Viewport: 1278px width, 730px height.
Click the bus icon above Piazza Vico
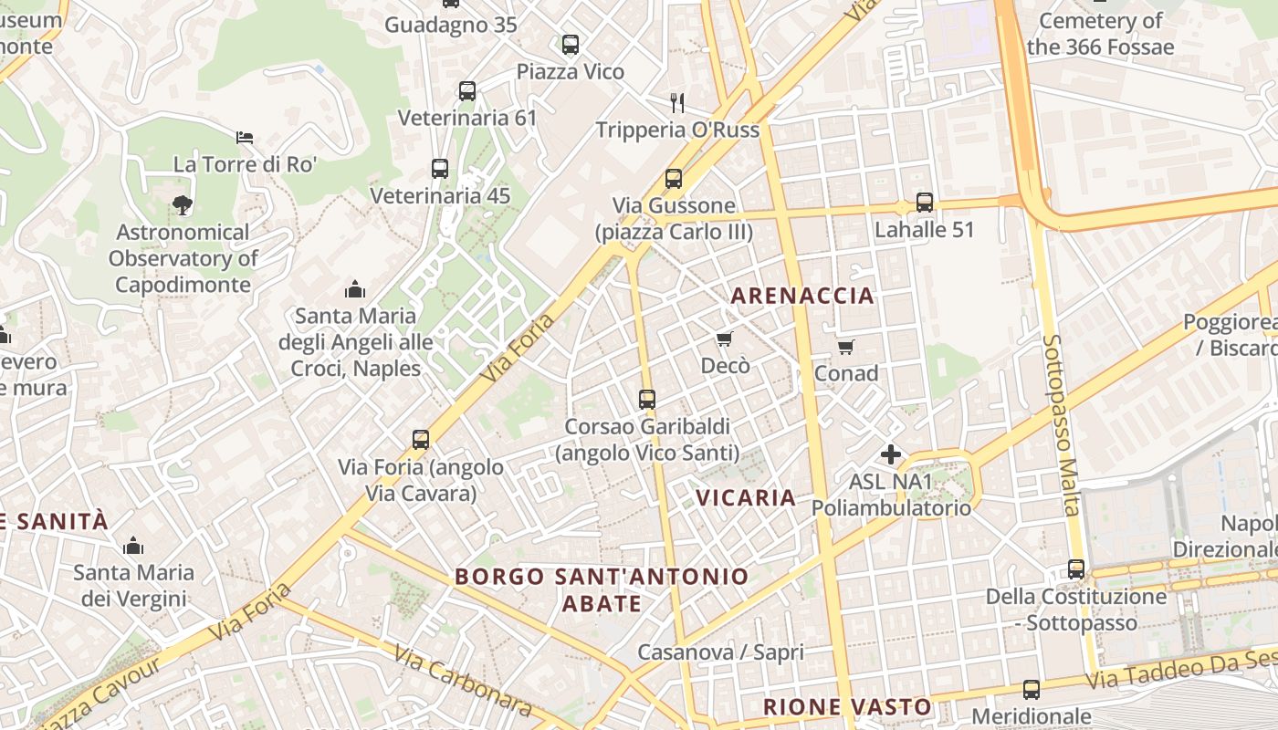[571, 44]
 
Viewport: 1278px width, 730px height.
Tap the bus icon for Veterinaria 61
[467, 91]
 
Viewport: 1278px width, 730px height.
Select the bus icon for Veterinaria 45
[440, 169]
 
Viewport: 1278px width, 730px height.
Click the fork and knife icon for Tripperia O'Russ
[676, 102]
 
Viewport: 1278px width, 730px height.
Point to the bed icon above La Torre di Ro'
[245, 138]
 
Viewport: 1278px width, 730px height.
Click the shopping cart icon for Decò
[725, 339]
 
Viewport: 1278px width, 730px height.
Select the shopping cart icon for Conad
[845, 347]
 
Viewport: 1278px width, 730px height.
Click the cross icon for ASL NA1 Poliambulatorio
[891, 454]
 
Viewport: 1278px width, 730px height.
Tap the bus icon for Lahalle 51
[925, 203]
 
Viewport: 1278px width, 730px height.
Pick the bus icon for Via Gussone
[674, 179]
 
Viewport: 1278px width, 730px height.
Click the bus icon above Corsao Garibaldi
[647, 399]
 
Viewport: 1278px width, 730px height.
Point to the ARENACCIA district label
[802, 296]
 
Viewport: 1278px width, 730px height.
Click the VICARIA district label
[746, 498]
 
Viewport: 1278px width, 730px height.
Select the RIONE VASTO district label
[847, 707]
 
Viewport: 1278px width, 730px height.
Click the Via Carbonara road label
[463, 681]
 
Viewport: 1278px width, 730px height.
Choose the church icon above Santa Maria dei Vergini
[133, 546]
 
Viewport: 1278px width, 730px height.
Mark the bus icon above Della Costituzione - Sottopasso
[1076, 569]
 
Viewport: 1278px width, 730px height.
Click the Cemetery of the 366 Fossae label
[1100, 34]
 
